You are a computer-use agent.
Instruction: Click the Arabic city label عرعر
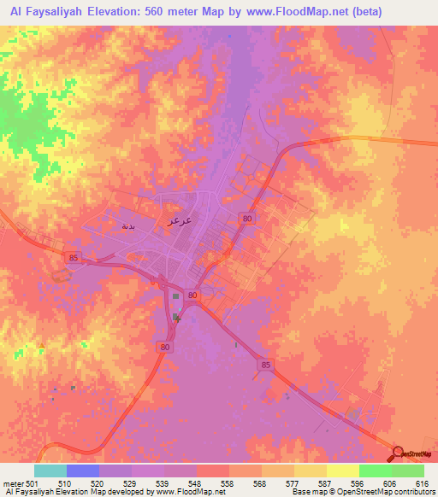[176, 219]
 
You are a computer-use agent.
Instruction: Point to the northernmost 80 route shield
[247, 219]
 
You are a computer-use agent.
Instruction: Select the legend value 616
[421, 484]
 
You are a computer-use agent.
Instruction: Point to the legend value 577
[278, 484]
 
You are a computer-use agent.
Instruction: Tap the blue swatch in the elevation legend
[83, 471]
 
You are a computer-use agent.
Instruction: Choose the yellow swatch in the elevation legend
[342, 471]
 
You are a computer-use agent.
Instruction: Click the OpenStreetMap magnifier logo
[398, 453]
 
